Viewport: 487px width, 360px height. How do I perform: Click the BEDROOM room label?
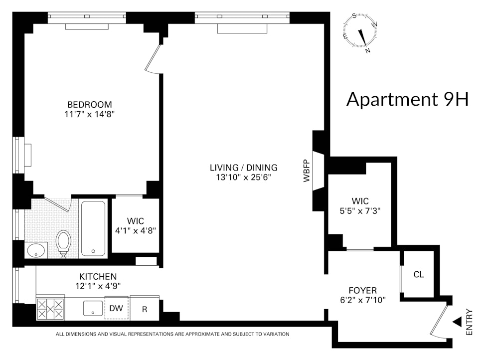pyautogui.click(x=89, y=105)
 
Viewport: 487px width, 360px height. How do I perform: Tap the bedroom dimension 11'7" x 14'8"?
pyautogui.click(x=89, y=114)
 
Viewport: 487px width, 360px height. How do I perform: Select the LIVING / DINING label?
pyautogui.click(x=243, y=168)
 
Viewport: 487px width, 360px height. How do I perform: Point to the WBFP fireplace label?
pyautogui.click(x=307, y=171)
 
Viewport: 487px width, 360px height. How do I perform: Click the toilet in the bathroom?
pyautogui.click(x=64, y=244)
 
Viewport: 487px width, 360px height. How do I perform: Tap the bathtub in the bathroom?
pyautogui.click(x=93, y=228)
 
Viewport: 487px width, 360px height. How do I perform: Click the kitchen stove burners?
pyautogui.click(x=50, y=309)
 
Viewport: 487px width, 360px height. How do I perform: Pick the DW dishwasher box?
pyautogui.click(x=116, y=308)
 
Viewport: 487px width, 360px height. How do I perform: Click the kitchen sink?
pyautogui.click(x=93, y=308)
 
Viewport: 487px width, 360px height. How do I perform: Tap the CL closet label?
pyautogui.click(x=418, y=274)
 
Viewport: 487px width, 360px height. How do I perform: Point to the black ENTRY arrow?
pyautogui.click(x=457, y=322)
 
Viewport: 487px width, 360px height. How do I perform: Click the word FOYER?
pyautogui.click(x=363, y=290)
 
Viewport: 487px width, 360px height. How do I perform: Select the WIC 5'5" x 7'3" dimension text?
pyautogui.click(x=360, y=211)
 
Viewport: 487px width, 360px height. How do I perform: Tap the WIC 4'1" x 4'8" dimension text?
pyautogui.click(x=136, y=231)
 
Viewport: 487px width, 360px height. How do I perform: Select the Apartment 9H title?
pyautogui.click(x=407, y=99)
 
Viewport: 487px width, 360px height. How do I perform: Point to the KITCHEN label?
pyautogui.click(x=98, y=276)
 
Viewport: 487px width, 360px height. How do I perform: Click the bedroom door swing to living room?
pyautogui.click(x=154, y=60)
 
